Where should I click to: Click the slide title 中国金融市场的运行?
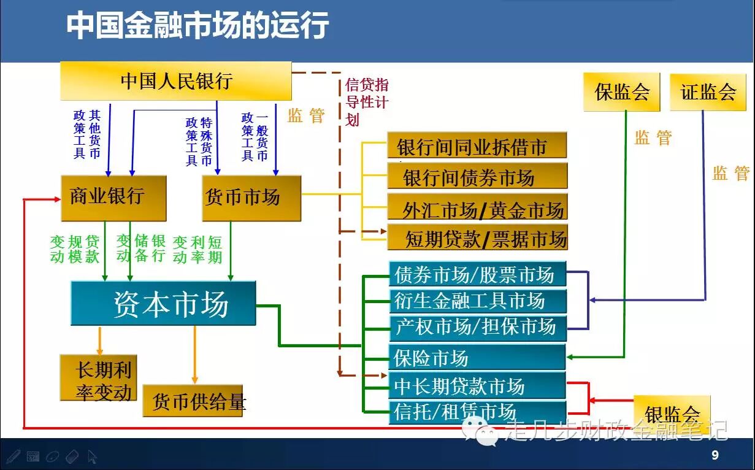(197, 26)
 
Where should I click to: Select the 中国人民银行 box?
(176, 81)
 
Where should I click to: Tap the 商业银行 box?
(113, 198)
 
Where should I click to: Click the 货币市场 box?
(251, 198)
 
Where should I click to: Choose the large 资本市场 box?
(163, 303)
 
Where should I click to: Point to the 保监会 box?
(621, 92)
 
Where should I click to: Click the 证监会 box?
(708, 92)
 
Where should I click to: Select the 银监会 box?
(672, 412)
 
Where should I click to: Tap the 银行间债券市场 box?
(477, 177)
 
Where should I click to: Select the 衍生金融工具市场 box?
(477, 301)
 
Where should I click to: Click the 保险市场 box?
(477, 356)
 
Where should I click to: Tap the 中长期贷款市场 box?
(477, 386)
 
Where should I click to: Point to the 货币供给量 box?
(195, 401)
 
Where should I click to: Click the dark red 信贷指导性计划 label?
(367, 102)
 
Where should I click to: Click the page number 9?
(715, 455)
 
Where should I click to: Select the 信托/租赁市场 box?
(477, 411)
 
